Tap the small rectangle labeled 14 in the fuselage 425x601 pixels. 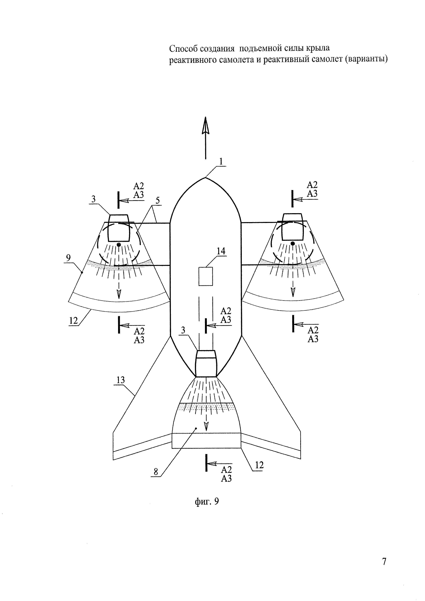click(x=206, y=276)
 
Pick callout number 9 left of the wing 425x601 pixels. click(x=68, y=258)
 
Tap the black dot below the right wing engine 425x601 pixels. click(x=293, y=244)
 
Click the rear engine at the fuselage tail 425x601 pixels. click(x=206, y=364)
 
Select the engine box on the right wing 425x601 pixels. click(x=292, y=227)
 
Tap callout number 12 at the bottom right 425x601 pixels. click(x=259, y=465)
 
